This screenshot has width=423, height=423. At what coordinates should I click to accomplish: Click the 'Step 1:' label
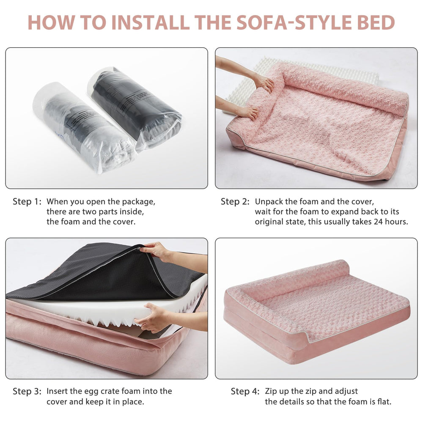point(27,201)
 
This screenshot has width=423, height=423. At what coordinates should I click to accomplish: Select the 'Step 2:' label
point(235,201)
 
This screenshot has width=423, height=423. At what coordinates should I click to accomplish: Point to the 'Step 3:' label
point(27,391)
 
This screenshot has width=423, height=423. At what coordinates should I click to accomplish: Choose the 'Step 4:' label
point(245,391)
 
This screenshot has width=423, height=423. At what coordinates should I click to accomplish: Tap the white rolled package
point(84,127)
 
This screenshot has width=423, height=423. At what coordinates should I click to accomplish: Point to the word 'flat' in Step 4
point(384,402)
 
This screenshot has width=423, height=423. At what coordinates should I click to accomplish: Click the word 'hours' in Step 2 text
point(397,222)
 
